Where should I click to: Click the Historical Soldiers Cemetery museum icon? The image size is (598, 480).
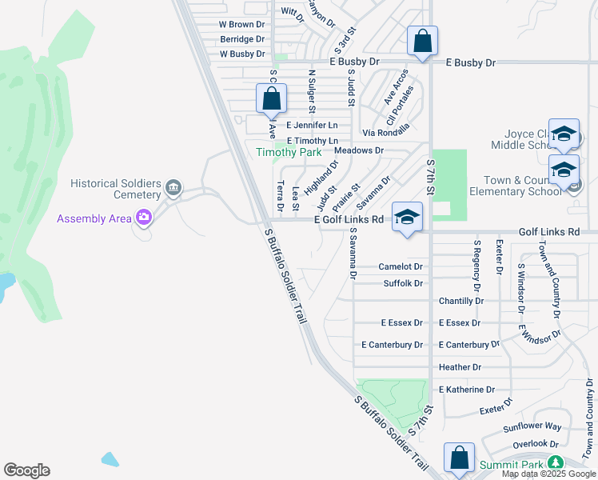tap(173, 190)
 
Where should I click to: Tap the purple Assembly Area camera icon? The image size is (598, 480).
tap(144, 217)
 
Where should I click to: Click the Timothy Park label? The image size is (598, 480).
tap(288, 152)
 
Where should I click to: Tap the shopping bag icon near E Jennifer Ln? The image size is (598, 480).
tap(272, 99)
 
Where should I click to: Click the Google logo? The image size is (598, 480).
tap(26, 470)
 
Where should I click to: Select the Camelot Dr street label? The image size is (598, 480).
tap(401, 266)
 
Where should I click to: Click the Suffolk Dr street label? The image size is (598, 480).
tap(403, 283)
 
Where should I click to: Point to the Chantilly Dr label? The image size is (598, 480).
tap(461, 301)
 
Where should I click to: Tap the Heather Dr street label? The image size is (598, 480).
tap(460, 367)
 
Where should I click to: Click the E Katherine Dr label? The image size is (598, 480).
tap(467, 390)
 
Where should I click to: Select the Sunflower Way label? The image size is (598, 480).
tap(532, 427)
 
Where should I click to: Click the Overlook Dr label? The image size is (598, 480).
tap(535, 444)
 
